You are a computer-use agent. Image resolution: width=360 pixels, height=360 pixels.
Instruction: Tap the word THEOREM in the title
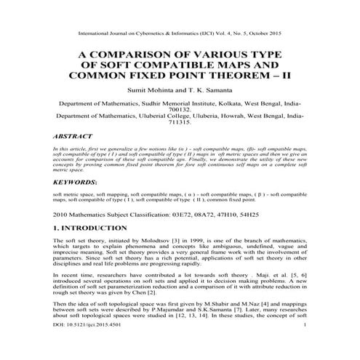[223, 79]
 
